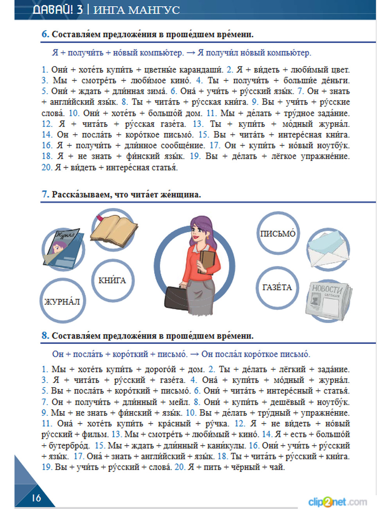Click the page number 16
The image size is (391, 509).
(x=36, y=498)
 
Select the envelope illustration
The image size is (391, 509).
(x=328, y=249)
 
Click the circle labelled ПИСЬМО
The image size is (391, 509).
(x=278, y=234)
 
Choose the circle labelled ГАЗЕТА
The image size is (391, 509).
(x=277, y=288)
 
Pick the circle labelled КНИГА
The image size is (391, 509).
(x=112, y=280)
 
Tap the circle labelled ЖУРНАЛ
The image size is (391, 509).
(x=62, y=301)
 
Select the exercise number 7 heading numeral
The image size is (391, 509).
(x=45, y=194)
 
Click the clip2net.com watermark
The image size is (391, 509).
(x=337, y=501)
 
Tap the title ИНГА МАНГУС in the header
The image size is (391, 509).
(x=136, y=10)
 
